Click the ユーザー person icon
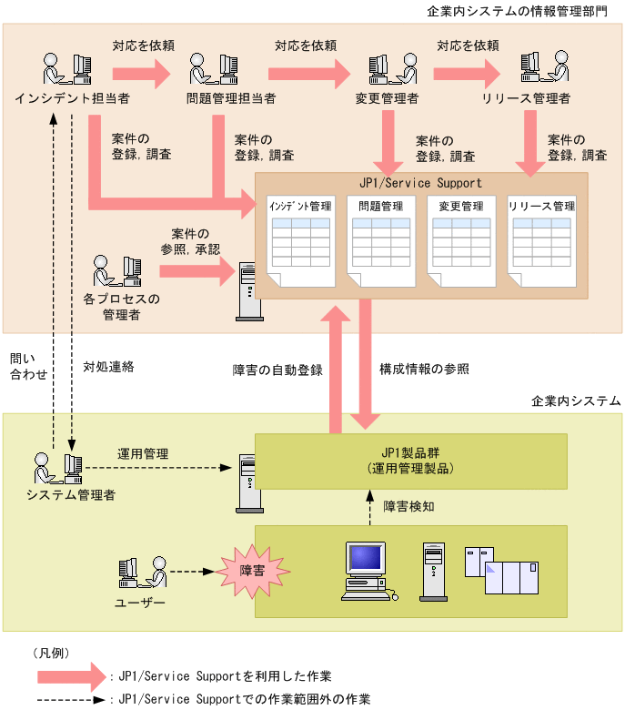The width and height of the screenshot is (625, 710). coord(142,573)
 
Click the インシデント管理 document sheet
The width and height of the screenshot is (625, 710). coord(299,238)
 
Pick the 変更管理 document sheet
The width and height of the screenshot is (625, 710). coord(460,238)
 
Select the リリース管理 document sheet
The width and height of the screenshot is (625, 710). coord(541,238)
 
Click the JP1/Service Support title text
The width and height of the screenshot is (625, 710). coord(421,183)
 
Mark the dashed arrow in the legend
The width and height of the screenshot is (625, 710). coord(71,700)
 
